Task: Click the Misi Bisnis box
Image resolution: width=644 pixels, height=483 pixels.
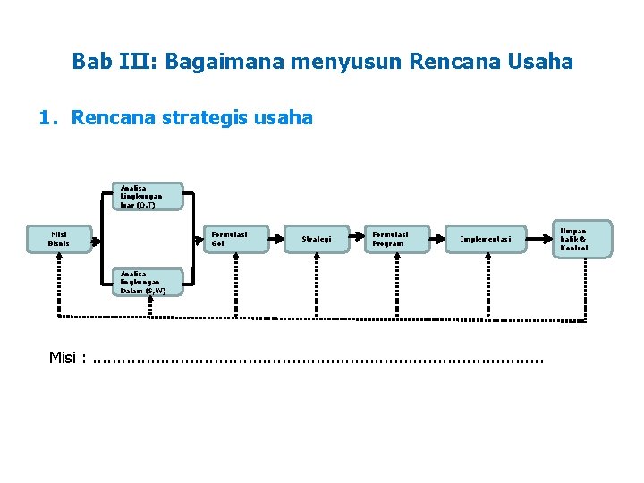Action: point(59,239)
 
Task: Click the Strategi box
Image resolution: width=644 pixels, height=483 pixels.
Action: point(317,239)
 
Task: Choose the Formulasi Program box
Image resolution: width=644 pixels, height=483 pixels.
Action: point(397,239)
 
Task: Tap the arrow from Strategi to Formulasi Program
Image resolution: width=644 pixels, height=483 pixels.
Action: point(354,239)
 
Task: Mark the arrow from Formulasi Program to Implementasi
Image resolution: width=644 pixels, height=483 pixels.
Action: point(440,239)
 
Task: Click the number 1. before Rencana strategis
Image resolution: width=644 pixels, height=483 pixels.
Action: point(48,117)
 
